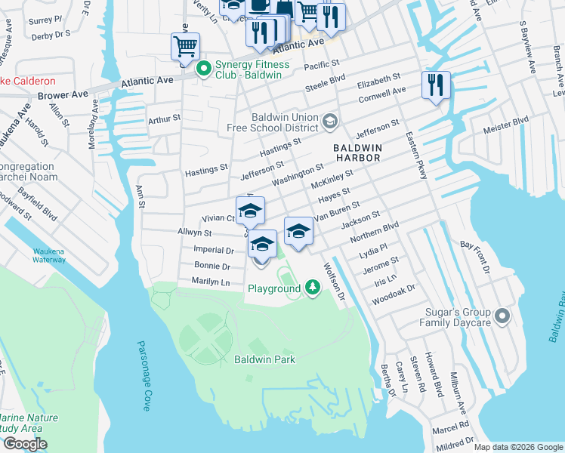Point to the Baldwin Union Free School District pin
[329, 121]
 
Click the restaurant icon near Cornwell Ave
[436, 85]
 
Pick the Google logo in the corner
[25, 445]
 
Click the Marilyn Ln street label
[211, 282]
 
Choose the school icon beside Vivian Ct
[250, 211]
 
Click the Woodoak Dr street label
[393, 294]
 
